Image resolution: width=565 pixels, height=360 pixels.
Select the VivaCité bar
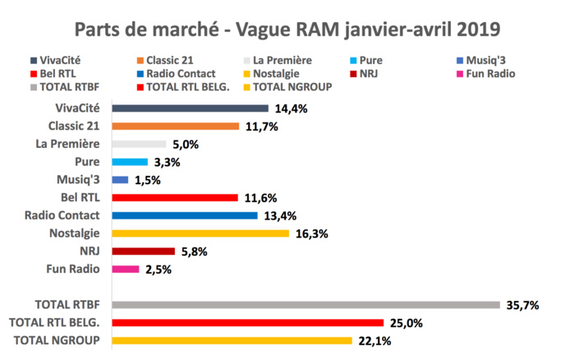pos(190,108)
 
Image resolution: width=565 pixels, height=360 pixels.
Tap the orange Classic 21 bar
pos(175,126)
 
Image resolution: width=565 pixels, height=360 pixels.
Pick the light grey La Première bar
pos(139,144)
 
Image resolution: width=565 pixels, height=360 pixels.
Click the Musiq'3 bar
pos(120,179)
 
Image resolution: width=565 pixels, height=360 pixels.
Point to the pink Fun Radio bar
pos(126,269)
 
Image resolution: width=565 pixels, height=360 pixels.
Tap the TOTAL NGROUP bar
pos(232,340)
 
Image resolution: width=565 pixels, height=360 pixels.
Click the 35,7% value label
pos(522,305)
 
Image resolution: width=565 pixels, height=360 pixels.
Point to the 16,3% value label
pos(311,234)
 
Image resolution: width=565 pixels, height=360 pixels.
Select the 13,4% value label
pos(280,216)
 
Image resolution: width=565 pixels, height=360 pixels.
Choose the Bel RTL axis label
pos(80,197)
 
